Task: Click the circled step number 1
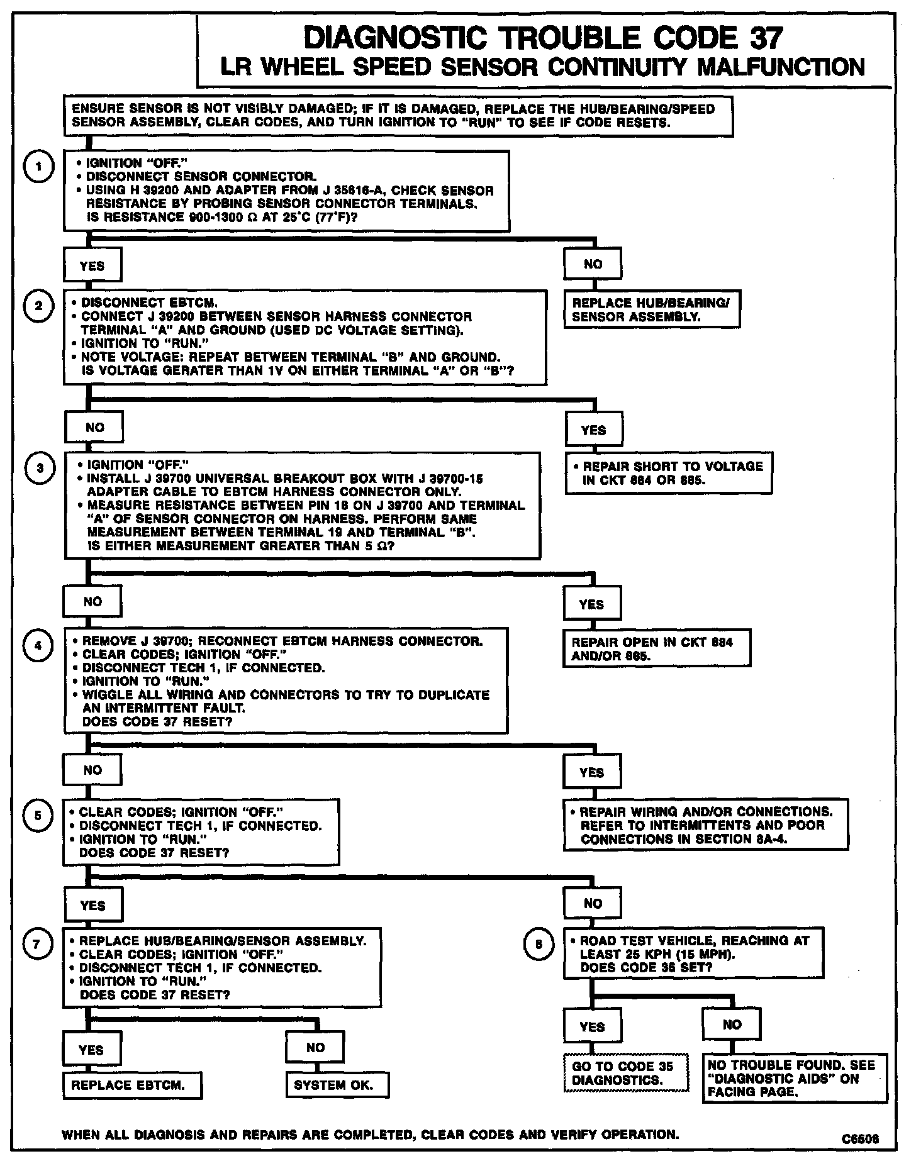click(x=38, y=167)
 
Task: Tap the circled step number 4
click(x=38, y=646)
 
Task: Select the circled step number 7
click(x=37, y=945)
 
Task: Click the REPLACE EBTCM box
click(x=133, y=1085)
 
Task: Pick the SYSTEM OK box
click(x=337, y=1085)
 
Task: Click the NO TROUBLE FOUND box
click(x=795, y=1078)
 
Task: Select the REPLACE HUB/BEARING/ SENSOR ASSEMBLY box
click(x=652, y=309)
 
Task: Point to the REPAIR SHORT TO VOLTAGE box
click(x=669, y=473)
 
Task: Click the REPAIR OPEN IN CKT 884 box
click(x=657, y=648)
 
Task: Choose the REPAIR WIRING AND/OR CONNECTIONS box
click(x=705, y=825)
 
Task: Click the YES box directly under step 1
click(x=92, y=265)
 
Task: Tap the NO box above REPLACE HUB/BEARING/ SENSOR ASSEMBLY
click(x=593, y=264)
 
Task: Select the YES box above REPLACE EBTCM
click(x=92, y=1050)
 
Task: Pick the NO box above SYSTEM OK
click(x=315, y=1048)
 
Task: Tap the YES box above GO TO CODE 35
click(x=592, y=1026)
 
